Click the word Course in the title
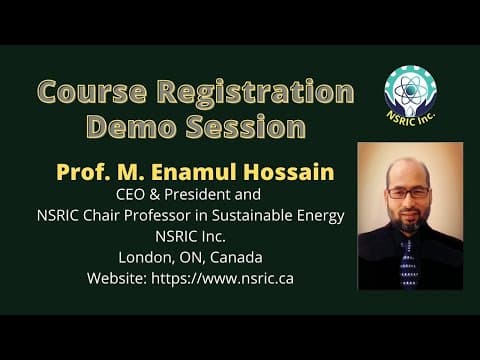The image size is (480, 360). [92, 91]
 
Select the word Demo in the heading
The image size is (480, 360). [131, 127]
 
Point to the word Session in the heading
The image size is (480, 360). [246, 127]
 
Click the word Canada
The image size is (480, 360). [236, 258]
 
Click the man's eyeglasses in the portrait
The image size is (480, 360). [408, 192]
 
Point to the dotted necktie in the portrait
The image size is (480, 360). [408, 263]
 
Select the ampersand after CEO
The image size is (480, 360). [155, 195]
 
